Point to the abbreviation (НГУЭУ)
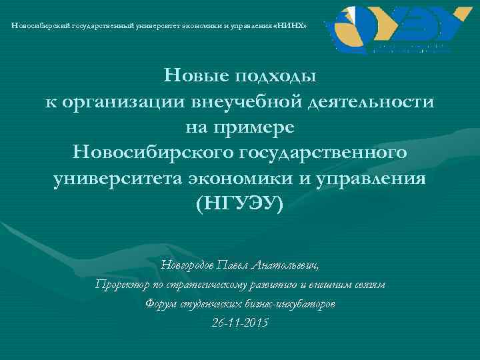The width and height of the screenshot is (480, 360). coord(239,203)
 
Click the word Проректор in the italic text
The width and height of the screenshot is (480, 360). coord(121,285)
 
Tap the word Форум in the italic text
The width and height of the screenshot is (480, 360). coord(160,304)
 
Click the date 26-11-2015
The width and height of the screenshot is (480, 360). coord(239,323)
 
